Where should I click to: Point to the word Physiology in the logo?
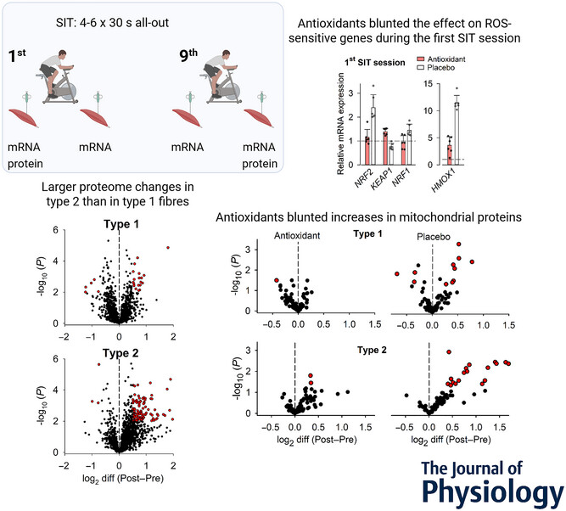click(x=490, y=491)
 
